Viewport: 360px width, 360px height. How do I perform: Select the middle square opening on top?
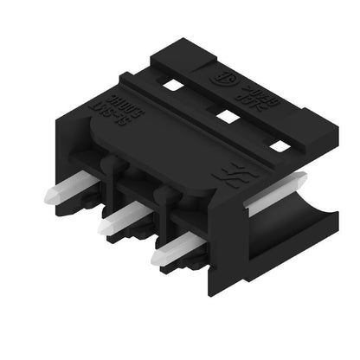[x=228, y=116]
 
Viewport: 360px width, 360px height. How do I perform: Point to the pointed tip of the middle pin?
[x=105, y=227]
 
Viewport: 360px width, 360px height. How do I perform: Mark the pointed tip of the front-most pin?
[x=157, y=257]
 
